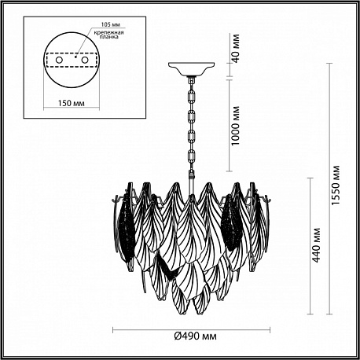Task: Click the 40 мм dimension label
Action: pos(236,49)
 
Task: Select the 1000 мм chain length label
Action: pos(236,126)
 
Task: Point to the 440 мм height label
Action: pos(317,245)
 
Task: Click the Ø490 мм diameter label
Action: pos(196,336)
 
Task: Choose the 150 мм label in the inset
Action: pos(72,103)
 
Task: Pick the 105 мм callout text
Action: pos(110,24)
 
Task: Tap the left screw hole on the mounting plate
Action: pos(59,60)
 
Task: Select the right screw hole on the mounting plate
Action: pos(85,60)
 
